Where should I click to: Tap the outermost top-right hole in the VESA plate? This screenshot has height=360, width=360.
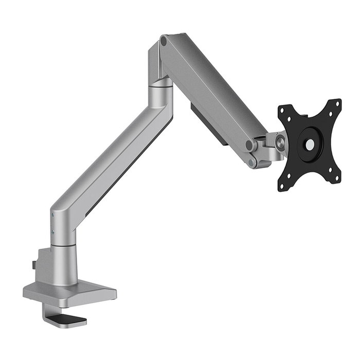[x=337, y=102]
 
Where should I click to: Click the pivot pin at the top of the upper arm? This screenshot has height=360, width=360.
[x=164, y=40]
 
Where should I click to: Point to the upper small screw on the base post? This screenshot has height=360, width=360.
[x=52, y=215]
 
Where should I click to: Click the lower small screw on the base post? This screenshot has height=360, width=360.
[x=52, y=232]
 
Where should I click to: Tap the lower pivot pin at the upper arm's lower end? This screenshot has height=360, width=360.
[x=252, y=162]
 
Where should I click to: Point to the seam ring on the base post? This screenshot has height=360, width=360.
[x=64, y=246]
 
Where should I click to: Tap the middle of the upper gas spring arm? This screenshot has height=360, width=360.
[x=211, y=87]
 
